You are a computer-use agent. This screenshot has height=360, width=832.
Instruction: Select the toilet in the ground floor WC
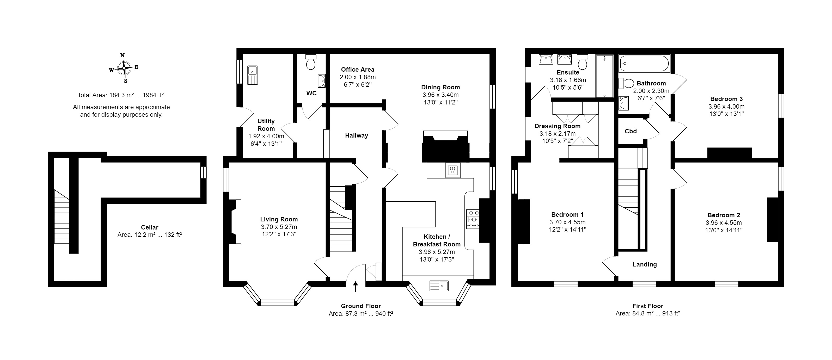pyautogui.click(x=311, y=62)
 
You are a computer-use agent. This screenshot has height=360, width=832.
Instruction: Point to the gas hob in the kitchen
pyautogui.click(x=473, y=219)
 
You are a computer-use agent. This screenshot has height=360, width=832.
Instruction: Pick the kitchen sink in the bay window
pyautogui.click(x=439, y=286)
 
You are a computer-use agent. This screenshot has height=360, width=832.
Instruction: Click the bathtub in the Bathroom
pyautogui.click(x=644, y=63)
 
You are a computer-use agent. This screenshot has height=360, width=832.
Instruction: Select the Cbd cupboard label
pyautogui.click(x=631, y=131)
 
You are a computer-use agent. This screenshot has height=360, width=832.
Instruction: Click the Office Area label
pyautogui.click(x=358, y=69)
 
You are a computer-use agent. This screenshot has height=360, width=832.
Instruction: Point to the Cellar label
pyautogui.click(x=150, y=227)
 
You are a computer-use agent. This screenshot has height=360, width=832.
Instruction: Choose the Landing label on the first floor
pyautogui.click(x=645, y=264)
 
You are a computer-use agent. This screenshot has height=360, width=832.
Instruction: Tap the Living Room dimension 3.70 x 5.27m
pyautogui.click(x=279, y=227)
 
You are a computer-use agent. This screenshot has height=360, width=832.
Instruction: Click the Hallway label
pyautogui.click(x=357, y=136)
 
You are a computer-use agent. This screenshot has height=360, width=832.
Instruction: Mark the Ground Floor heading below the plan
pyautogui.click(x=361, y=306)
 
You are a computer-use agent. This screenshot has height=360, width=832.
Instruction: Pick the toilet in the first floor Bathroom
pyautogui.click(x=626, y=83)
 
